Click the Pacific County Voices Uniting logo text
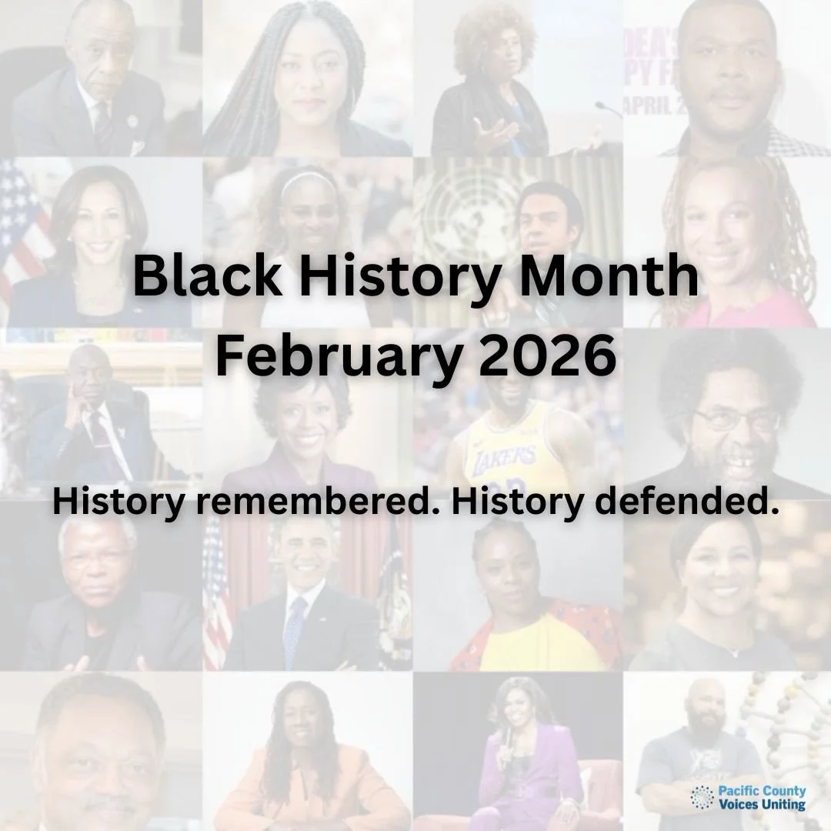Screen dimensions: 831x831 pos(763,798)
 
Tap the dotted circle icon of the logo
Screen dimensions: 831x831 pos(702,798)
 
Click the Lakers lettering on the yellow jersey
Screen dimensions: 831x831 pos(504,460)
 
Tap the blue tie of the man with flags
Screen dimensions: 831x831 pos(295,631)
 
